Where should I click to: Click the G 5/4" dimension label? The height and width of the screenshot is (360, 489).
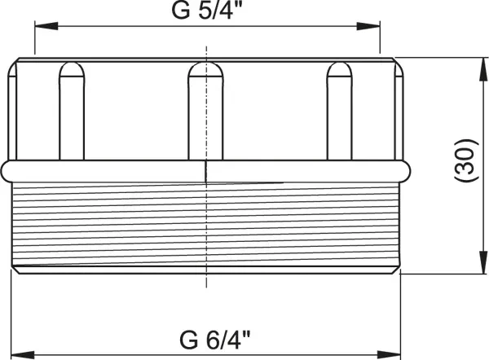click(207, 11)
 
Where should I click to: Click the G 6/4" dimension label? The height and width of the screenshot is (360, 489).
click(215, 340)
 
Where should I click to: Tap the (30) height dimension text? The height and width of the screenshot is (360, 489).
click(466, 160)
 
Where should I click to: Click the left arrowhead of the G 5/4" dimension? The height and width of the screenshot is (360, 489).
click(46, 26)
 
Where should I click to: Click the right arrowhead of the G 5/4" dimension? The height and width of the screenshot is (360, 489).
click(368, 26)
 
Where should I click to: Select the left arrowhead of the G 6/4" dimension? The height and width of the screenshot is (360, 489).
click(23, 354)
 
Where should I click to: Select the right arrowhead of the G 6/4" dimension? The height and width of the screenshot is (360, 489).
click(389, 354)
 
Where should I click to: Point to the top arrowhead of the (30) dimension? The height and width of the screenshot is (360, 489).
click(483, 69)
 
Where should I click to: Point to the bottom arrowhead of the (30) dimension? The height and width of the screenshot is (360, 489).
click(483, 262)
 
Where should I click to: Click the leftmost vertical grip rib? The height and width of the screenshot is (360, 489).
click(72, 112)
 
